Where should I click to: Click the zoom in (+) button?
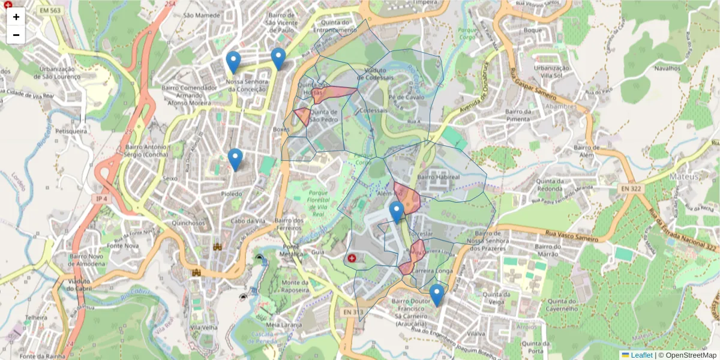click(16, 17)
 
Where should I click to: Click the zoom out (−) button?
click(16, 35)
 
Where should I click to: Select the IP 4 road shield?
click(101, 199)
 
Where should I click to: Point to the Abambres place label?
click(560, 107)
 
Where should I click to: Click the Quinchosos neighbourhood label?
click(188, 223)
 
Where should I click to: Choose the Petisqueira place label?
click(71, 130)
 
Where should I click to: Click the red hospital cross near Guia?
click(352, 258)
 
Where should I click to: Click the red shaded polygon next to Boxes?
click(302, 116)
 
